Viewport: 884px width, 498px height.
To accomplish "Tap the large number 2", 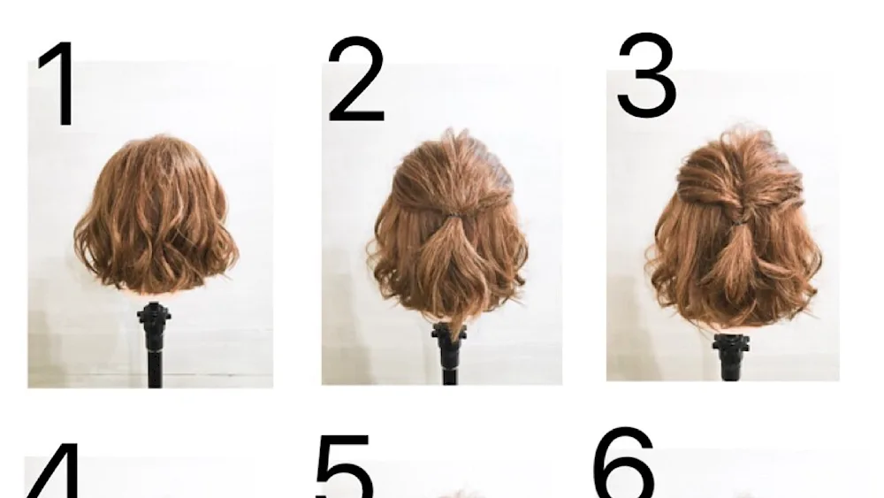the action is click(x=355, y=79).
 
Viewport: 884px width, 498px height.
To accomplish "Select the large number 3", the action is click(x=647, y=75).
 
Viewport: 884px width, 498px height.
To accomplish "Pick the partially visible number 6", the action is click(x=624, y=463).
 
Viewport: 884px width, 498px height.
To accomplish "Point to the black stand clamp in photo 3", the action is click(x=732, y=349).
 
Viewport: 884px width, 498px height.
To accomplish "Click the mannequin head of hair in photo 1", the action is click(x=156, y=214).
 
